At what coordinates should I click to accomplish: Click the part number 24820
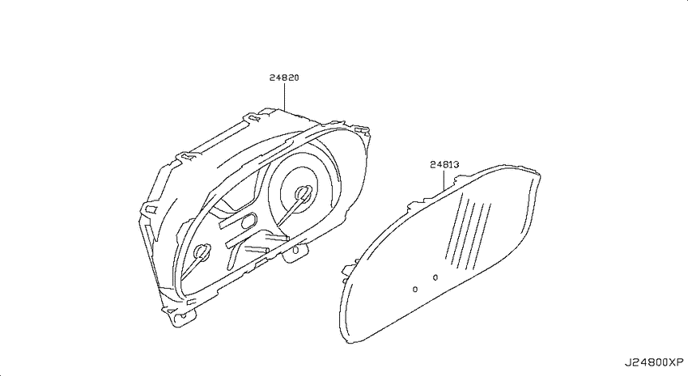click(x=284, y=78)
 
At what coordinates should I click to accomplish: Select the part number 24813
click(x=444, y=165)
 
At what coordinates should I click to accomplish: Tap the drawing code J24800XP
click(x=654, y=362)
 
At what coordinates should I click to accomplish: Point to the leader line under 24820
click(x=284, y=96)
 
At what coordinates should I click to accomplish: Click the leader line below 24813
click(x=444, y=180)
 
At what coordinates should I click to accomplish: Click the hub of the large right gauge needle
click(x=304, y=192)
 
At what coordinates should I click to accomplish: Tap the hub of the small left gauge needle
click(x=202, y=252)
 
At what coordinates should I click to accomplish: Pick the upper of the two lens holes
click(x=435, y=277)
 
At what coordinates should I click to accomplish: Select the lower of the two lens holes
click(x=415, y=289)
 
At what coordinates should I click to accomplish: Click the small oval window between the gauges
click(x=248, y=221)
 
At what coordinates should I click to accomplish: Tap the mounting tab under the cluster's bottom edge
click(x=295, y=252)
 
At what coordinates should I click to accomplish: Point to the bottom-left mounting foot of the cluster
click(x=180, y=315)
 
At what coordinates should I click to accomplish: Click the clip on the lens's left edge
click(x=349, y=270)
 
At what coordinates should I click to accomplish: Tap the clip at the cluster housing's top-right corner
click(x=362, y=130)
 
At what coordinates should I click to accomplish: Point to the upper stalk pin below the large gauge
click(x=277, y=238)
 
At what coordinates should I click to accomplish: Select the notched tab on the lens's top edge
click(x=463, y=179)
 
